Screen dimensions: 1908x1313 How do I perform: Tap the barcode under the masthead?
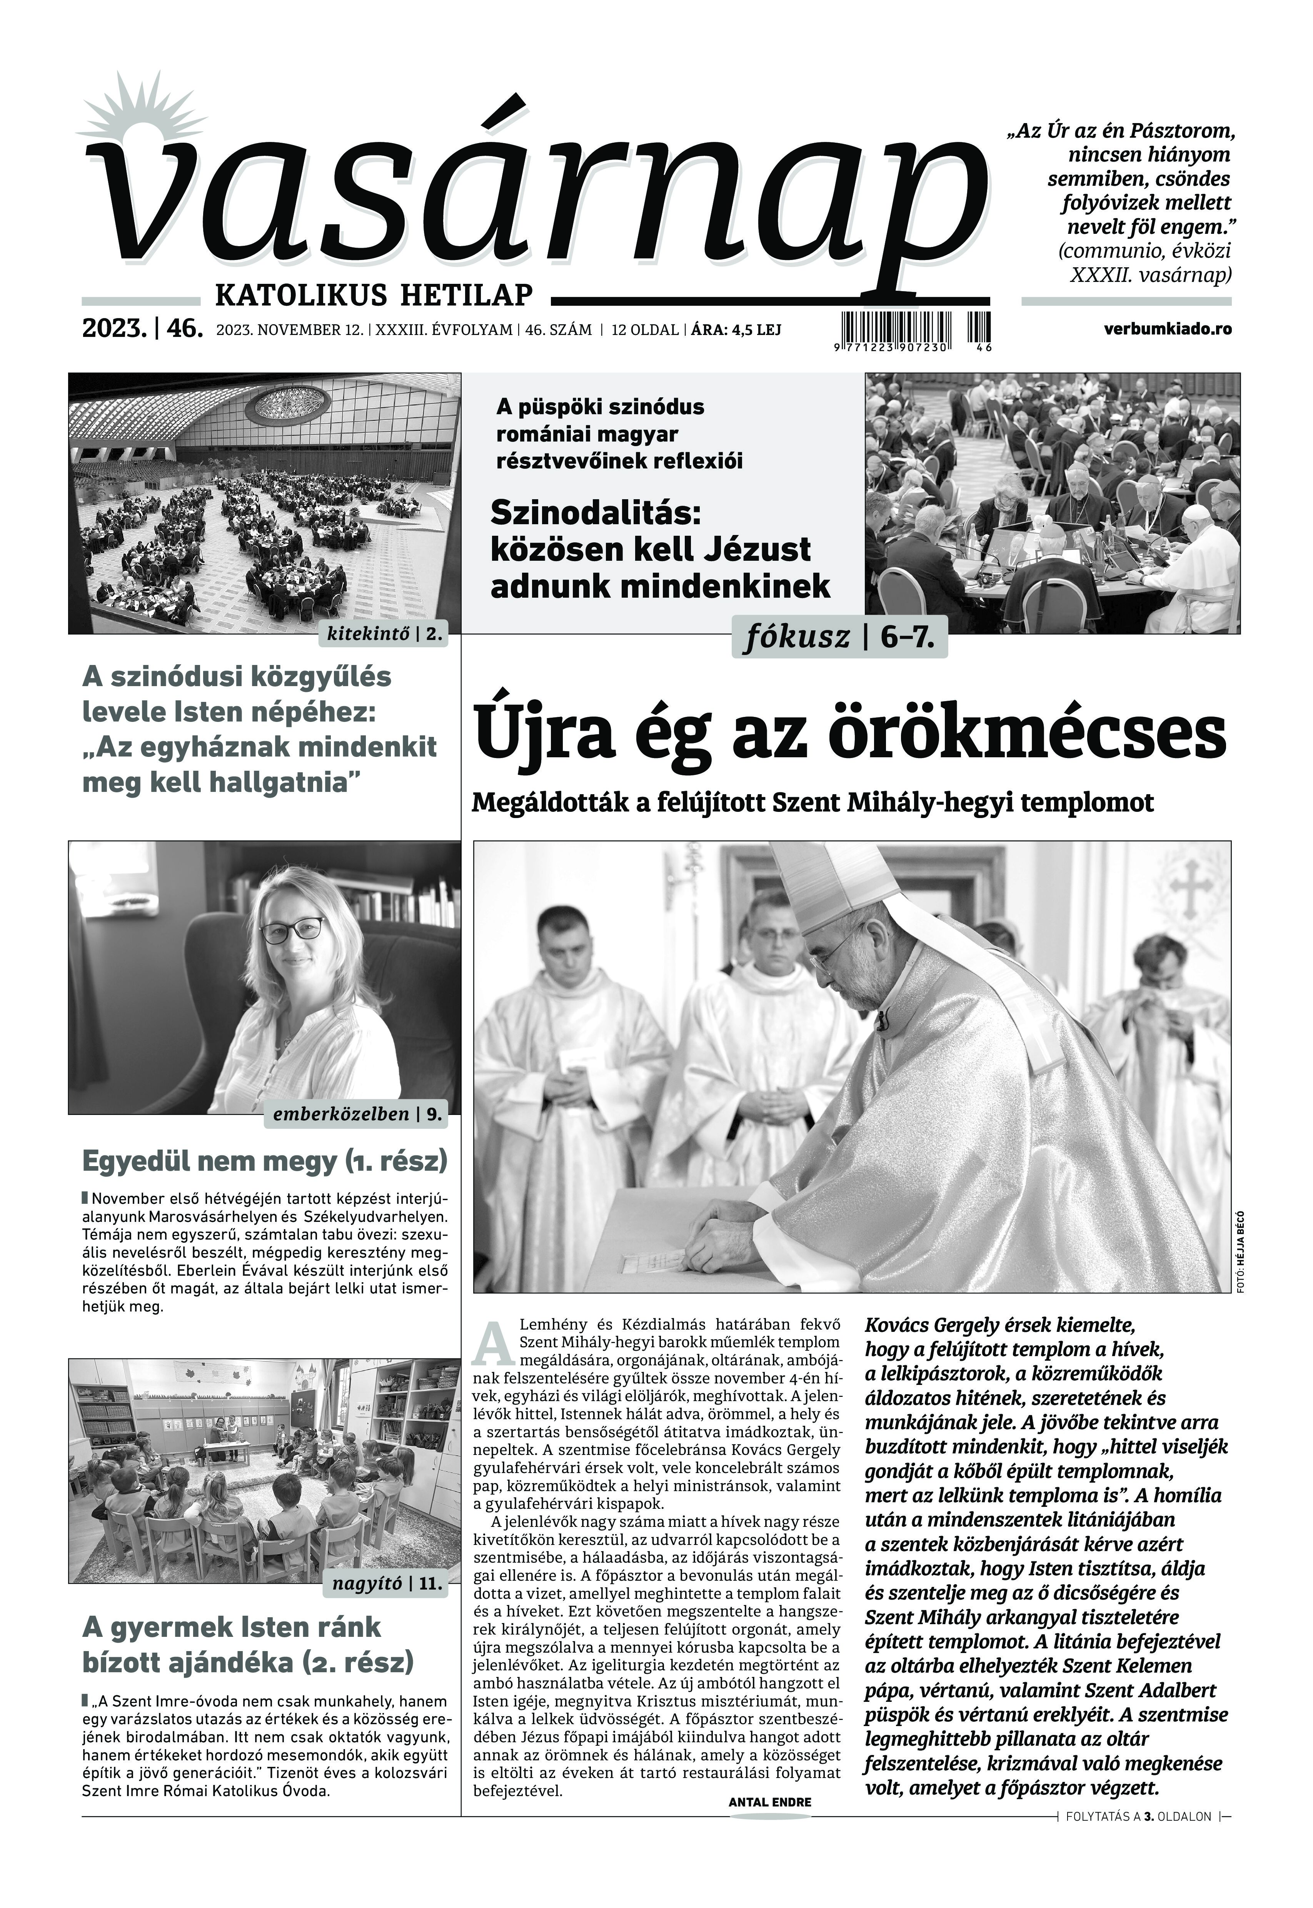916,327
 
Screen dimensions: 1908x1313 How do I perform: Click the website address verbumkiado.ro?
1168,329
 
